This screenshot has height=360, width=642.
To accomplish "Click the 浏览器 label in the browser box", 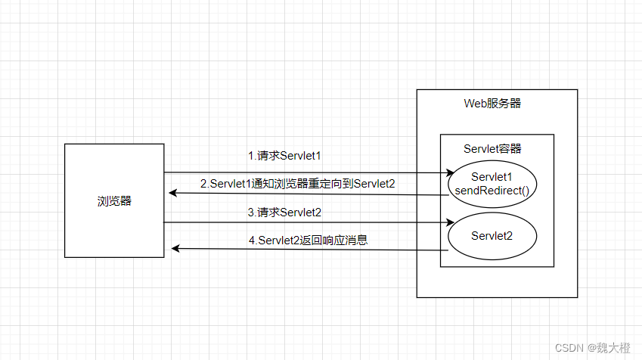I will pyautogui.click(x=114, y=200).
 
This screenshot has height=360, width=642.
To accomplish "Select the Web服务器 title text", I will pyautogui.click(x=492, y=104).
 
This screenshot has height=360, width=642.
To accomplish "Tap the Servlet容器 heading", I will pyautogui.click(x=492, y=148).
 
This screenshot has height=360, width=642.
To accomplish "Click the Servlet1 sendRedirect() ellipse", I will pyautogui.click(x=492, y=183).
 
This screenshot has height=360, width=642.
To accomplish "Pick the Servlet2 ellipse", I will pyautogui.click(x=492, y=236).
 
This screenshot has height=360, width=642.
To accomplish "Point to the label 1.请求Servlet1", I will pyautogui.click(x=285, y=156).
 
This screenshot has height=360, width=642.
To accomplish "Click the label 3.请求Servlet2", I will pyautogui.click(x=285, y=213).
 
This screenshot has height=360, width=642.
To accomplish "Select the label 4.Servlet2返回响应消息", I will pyautogui.click(x=308, y=241).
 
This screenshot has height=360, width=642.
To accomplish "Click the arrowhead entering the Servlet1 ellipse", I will pyautogui.click(x=449, y=173).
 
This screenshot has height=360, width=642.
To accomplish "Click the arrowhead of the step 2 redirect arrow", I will pyautogui.click(x=173, y=194).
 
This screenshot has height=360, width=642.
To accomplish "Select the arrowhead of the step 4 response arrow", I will pyautogui.click(x=175, y=248).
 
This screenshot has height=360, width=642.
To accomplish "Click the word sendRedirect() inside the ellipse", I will pyautogui.click(x=492, y=190).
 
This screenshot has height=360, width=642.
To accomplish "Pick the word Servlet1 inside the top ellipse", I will pyautogui.click(x=492, y=176).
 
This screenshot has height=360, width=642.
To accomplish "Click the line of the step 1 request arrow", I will pyautogui.click(x=302, y=172).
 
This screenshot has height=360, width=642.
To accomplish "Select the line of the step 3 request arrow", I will pyautogui.click(x=302, y=222).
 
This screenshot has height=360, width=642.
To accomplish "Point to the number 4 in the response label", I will pyautogui.click(x=252, y=241).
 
